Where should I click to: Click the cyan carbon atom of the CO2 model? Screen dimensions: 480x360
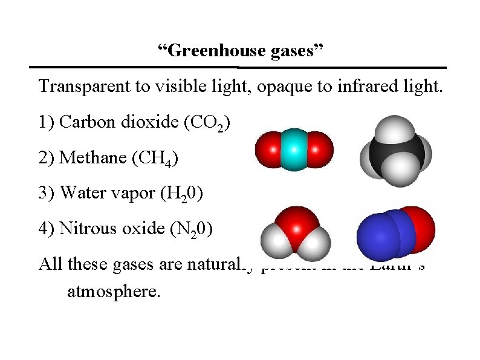pyautogui.click(x=294, y=149)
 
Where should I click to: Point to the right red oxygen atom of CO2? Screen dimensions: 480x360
pyautogui.click(x=322, y=149)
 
